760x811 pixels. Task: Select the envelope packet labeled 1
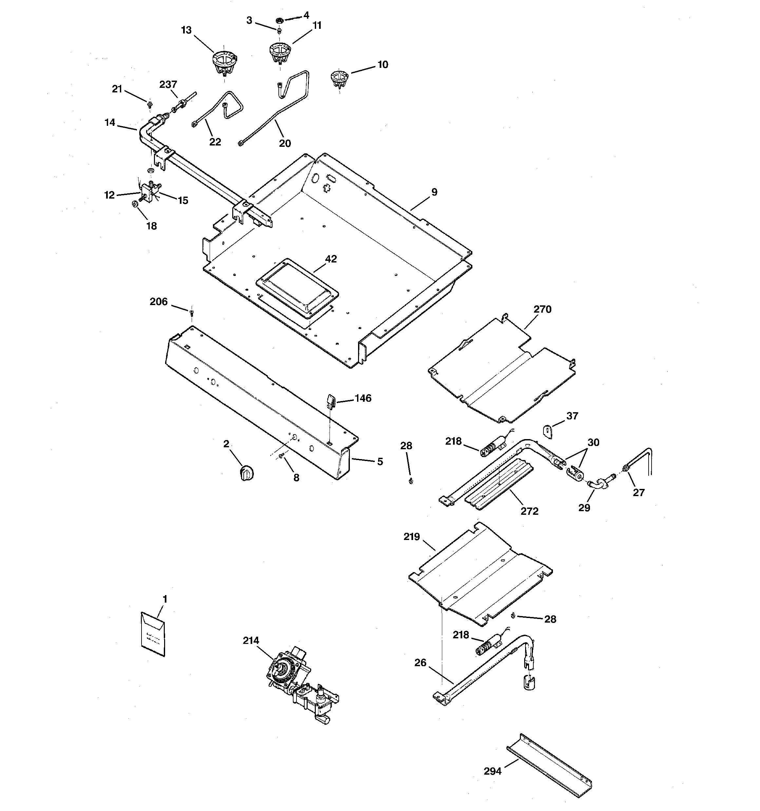(x=153, y=634)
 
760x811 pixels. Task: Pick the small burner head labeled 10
(x=339, y=79)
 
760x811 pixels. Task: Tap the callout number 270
(x=542, y=309)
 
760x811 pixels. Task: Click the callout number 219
(x=412, y=537)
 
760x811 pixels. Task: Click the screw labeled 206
(x=191, y=313)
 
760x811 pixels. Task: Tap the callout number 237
(x=168, y=85)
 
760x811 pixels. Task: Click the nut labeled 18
(x=135, y=204)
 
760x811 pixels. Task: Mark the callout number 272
(x=529, y=511)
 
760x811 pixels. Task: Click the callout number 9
(x=434, y=192)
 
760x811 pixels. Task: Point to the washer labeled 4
(x=279, y=20)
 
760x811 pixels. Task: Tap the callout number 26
(x=420, y=663)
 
